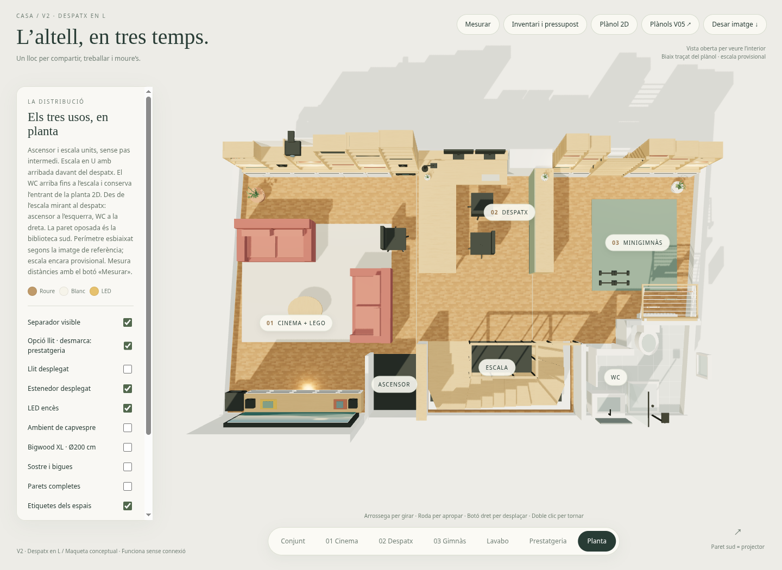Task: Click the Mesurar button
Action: tap(477, 24)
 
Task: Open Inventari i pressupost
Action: tap(545, 24)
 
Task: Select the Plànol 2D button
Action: tap(614, 24)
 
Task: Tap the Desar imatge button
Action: tap(735, 24)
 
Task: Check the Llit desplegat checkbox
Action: tap(128, 369)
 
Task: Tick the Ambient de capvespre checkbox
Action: tap(128, 428)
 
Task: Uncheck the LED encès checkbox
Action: tap(128, 408)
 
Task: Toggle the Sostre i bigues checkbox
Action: tap(128, 467)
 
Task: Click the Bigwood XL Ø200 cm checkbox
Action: tap(128, 447)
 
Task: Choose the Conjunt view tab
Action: tap(293, 541)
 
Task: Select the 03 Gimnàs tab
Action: tap(450, 541)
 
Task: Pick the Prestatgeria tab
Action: tap(548, 541)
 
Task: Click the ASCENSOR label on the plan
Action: tap(394, 384)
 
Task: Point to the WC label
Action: tap(615, 377)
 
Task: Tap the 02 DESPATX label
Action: tap(509, 212)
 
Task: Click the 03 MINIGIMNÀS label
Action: tap(637, 243)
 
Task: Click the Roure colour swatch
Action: tap(32, 291)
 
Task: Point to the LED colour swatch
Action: tap(94, 291)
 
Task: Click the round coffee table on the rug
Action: tap(305, 306)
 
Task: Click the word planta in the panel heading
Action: tap(43, 131)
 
